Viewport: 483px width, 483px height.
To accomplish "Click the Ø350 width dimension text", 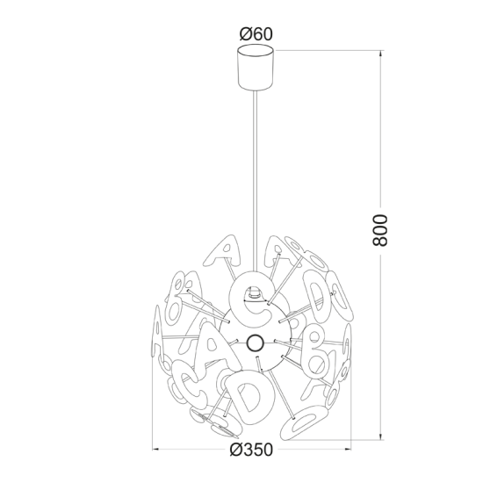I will tap(255, 450).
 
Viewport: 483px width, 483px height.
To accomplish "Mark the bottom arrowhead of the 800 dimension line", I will tap(380, 433).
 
